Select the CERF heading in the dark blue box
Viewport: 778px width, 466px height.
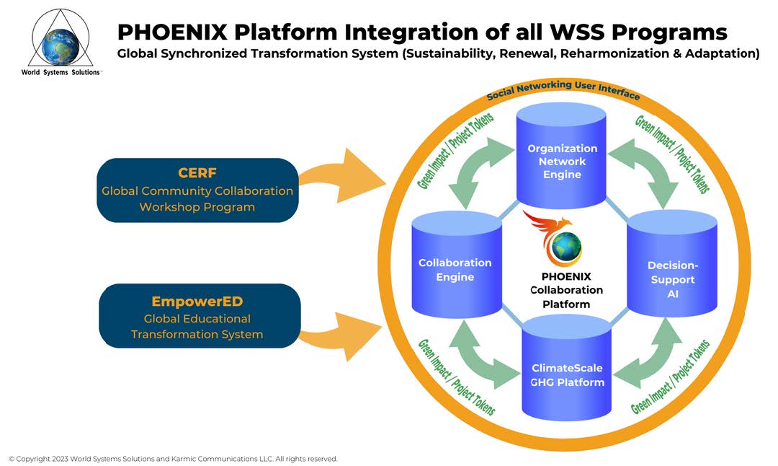tap(197, 174)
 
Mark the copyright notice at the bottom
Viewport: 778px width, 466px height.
tap(173, 459)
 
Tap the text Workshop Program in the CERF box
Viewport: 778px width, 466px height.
tap(197, 207)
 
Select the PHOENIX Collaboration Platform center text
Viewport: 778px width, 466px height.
tap(566, 290)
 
